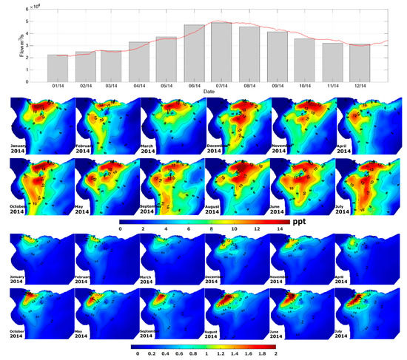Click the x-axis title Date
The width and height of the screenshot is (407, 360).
click(215, 92)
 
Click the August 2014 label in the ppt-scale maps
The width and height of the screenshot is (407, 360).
click(220, 208)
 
